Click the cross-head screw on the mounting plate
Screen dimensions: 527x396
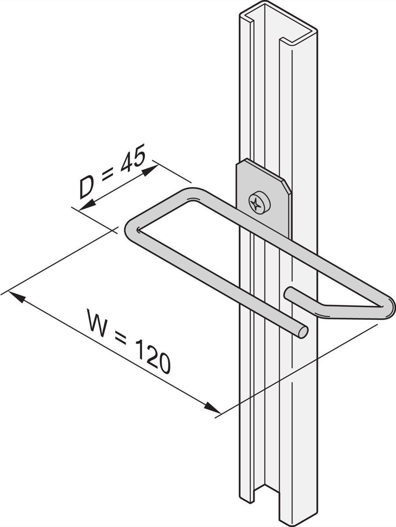[259, 203]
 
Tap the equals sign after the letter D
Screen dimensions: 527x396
[107, 177]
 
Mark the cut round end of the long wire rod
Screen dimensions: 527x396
[302, 332]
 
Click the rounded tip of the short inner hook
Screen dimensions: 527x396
[289, 292]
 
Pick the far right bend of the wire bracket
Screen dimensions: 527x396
[390, 307]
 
